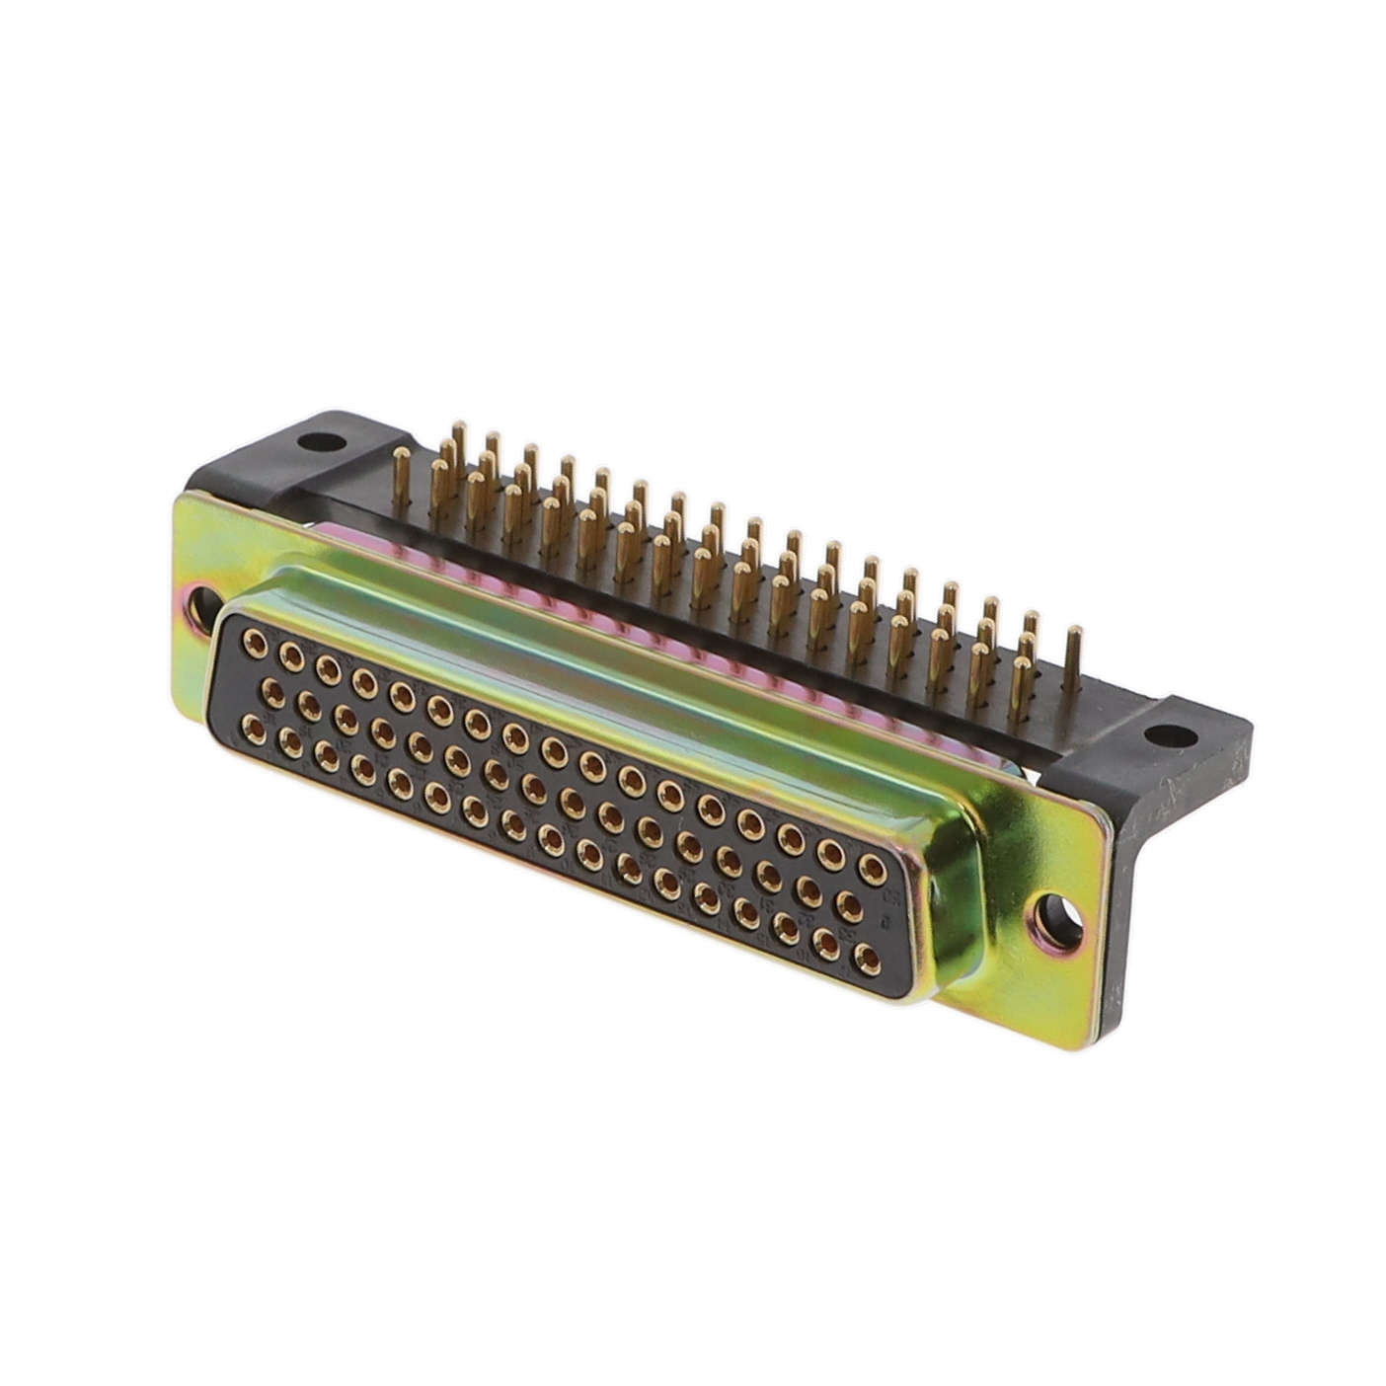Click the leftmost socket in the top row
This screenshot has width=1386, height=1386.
tap(255, 645)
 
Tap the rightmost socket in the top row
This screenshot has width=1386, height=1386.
tap(872, 868)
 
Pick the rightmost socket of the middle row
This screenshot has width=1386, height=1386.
tap(849, 904)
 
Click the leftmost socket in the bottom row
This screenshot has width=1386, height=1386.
tap(254, 730)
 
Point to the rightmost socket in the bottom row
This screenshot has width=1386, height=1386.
tap(867, 957)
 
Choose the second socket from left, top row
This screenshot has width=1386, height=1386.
tap(291, 655)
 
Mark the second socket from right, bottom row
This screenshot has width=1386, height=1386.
tap(827, 943)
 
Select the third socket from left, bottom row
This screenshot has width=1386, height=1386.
tap(327, 753)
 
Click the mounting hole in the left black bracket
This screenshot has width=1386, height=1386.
tap(318, 441)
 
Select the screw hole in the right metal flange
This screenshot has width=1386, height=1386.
tap(1054, 915)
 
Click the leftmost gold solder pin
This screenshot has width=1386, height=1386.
tap(401, 482)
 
